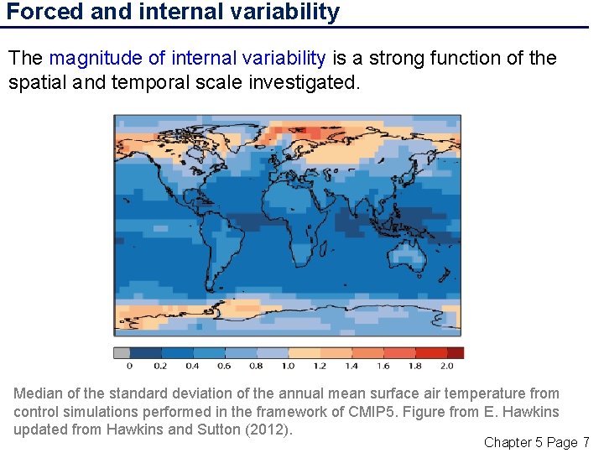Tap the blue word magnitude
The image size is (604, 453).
click(96, 58)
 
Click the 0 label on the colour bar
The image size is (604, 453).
click(129, 366)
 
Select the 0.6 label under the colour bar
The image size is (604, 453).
click(224, 366)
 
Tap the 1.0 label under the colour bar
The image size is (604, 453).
click(288, 366)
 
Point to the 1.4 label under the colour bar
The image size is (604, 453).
click(351, 366)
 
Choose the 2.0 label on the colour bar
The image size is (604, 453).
click(446, 366)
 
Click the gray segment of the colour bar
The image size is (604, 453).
click(122, 353)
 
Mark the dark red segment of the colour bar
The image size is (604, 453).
click(455, 353)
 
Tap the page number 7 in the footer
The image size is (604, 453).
click(586, 442)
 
